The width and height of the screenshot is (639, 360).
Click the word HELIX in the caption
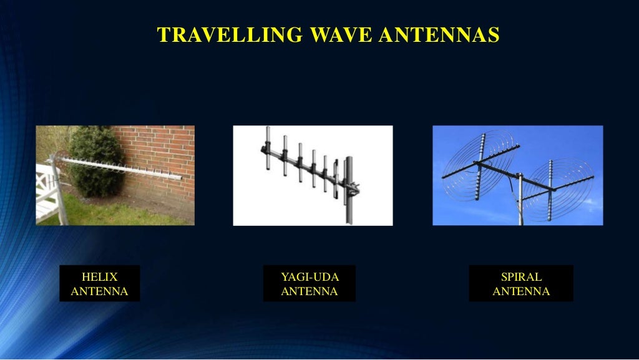(100, 277)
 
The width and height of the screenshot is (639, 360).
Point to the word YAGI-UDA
(310, 277)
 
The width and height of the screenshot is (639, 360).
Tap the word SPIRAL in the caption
(521, 277)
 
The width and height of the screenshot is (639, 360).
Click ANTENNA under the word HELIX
(100, 291)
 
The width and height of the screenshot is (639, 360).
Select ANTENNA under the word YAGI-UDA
(310, 291)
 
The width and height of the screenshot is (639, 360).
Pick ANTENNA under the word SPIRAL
(521, 291)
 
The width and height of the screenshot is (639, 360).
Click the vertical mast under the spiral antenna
(519, 206)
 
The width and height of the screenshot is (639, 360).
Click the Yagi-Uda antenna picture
(313, 175)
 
